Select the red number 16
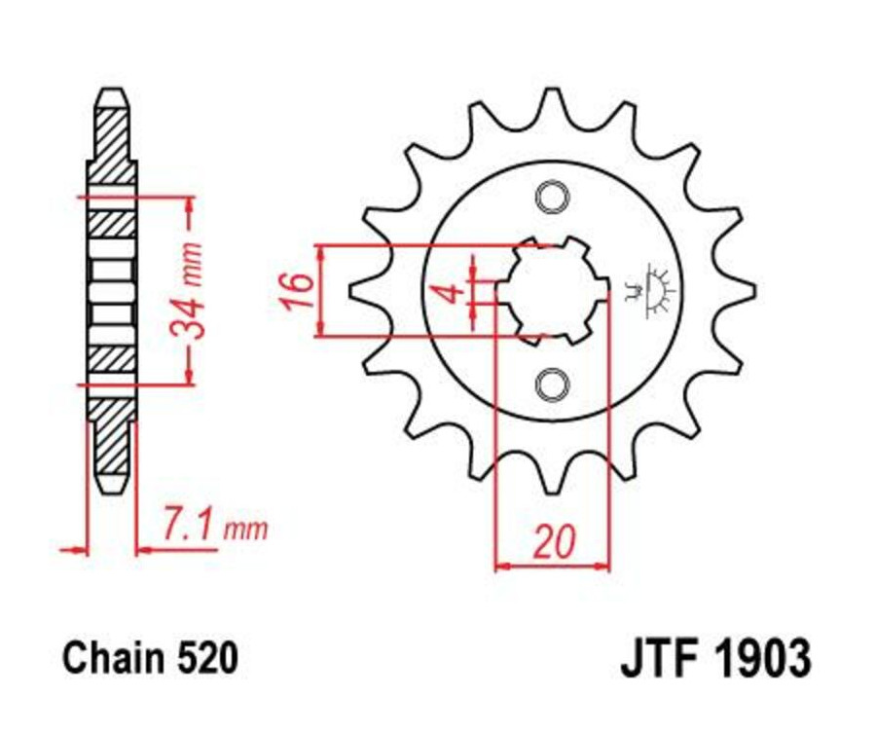click(298, 290)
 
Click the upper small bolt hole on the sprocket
click(552, 197)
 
